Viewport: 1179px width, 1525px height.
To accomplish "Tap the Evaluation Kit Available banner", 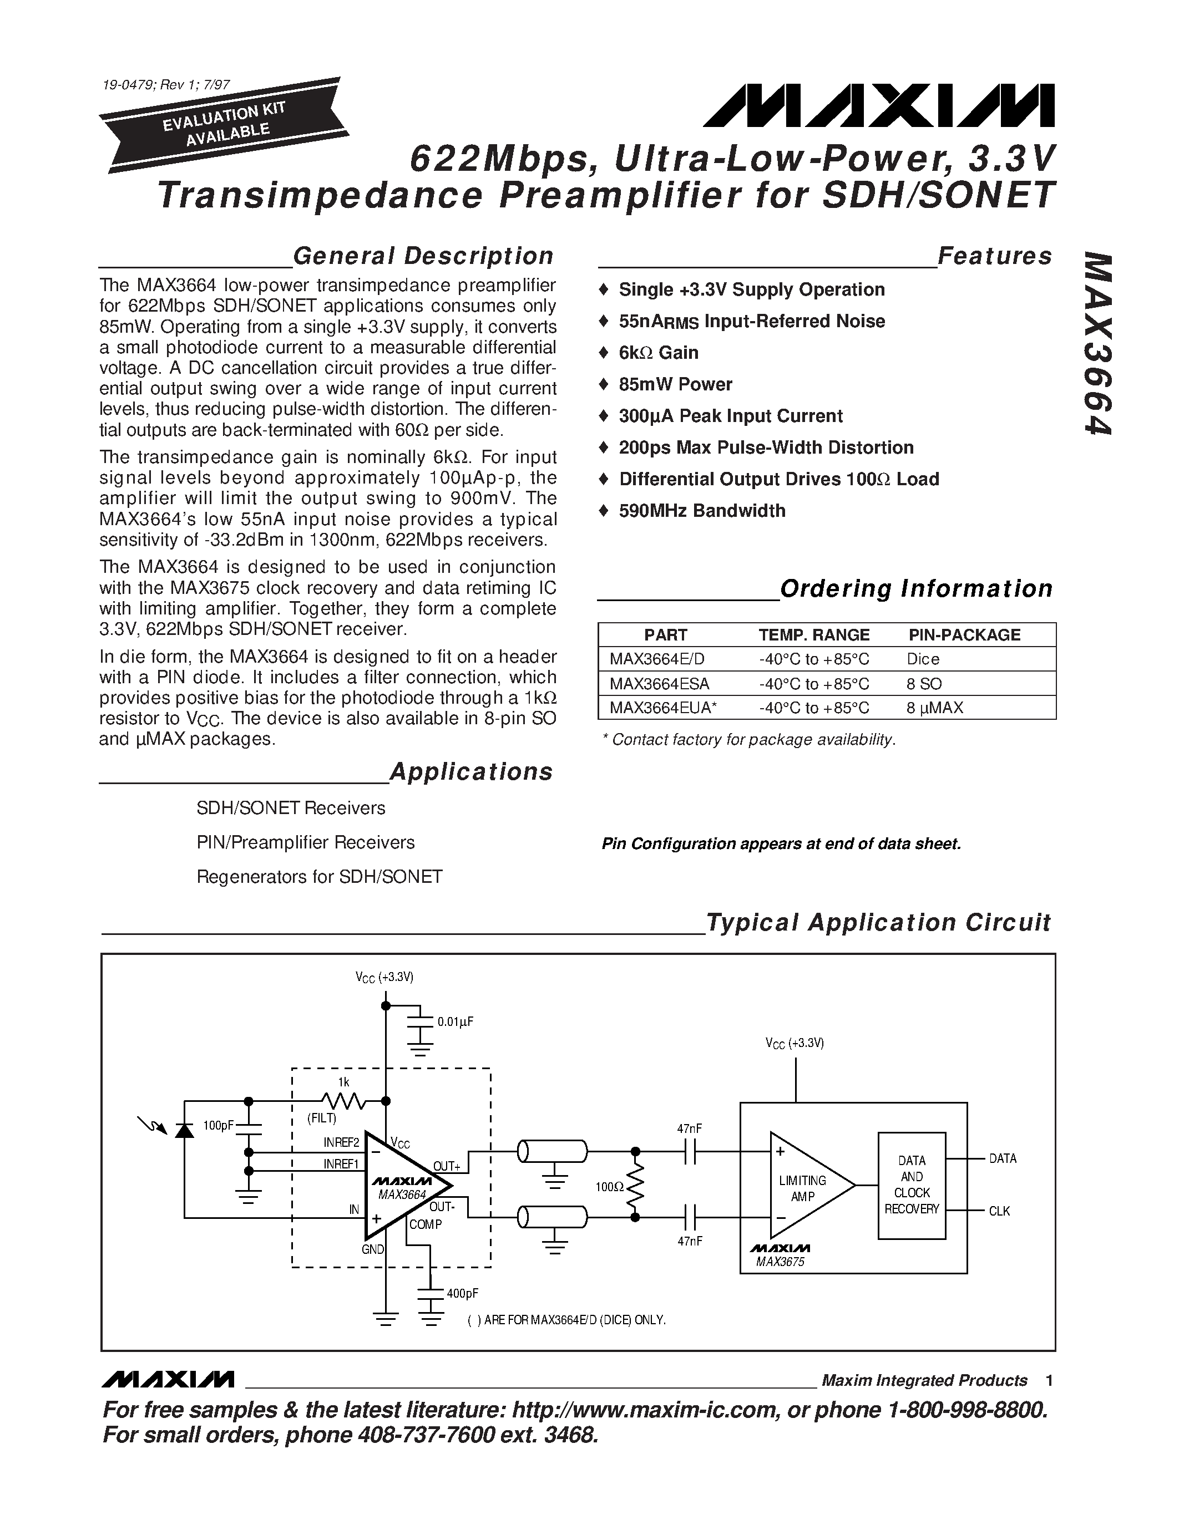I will click(224, 124).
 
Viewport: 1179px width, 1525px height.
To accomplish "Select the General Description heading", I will click(423, 256).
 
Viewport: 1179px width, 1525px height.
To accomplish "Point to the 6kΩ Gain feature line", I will click(658, 353).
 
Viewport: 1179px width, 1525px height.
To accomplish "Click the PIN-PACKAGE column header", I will click(964, 635).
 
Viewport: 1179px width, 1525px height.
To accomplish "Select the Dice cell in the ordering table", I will click(923, 659).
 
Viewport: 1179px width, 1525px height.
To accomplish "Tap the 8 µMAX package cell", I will click(934, 708).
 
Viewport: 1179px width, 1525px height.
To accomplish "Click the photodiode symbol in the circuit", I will click(184, 1128).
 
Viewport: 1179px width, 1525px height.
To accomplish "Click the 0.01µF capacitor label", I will click(456, 1021).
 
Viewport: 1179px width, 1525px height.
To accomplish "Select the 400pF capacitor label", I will click(462, 1293).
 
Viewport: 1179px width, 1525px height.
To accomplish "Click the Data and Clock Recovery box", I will click(912, 1185).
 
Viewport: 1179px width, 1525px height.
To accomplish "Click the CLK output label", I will click(999, 1212).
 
